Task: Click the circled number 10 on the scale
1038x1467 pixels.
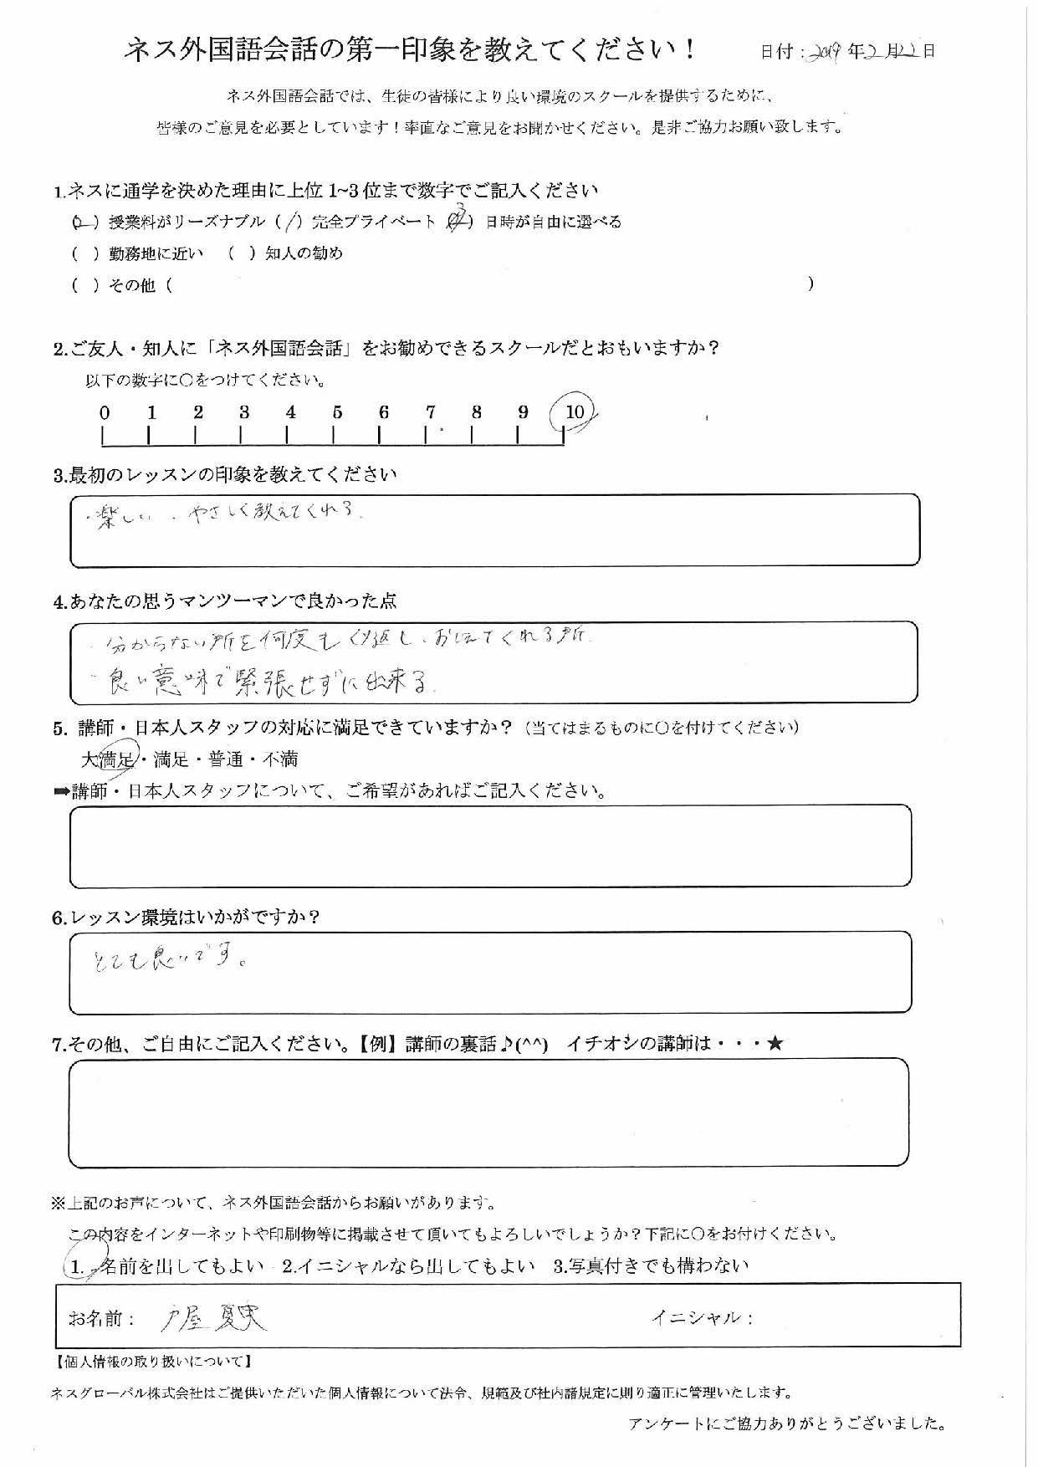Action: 574,412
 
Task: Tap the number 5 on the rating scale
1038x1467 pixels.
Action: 337,412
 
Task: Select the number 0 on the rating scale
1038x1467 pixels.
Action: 104,412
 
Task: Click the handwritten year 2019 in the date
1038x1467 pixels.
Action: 825,51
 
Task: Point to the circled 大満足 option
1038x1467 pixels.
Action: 109,759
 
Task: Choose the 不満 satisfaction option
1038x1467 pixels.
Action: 279,759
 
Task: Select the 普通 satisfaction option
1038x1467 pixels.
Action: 225,759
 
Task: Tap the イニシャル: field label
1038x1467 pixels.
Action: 702,1318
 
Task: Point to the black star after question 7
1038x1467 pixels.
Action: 775,1044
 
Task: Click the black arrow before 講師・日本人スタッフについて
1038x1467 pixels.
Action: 61,791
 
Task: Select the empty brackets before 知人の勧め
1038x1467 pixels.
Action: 241,253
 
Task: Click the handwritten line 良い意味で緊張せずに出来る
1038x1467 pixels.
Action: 268,683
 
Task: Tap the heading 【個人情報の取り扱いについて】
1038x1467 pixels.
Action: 152,1362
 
